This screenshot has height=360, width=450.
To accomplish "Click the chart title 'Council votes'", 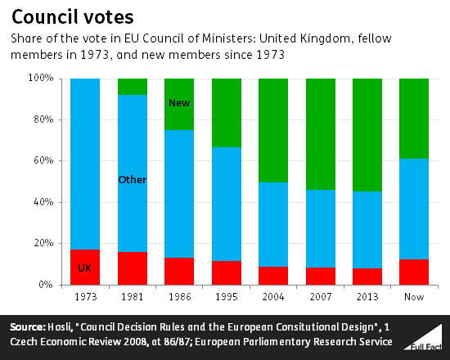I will [x=63, y=17].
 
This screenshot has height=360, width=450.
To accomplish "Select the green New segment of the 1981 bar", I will [x=133, y=86].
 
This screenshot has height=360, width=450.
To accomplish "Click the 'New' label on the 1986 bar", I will [x=179, y=103].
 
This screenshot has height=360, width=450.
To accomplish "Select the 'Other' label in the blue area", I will [x=133, y=179].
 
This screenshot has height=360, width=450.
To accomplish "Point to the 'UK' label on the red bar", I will [x=85, y=268].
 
